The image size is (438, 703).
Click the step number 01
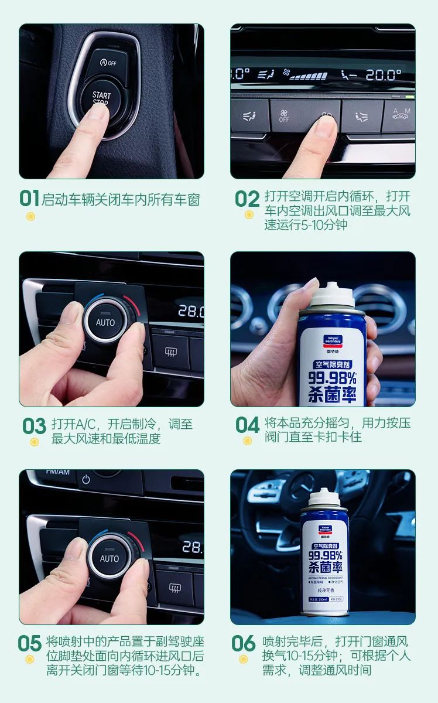[29, 199]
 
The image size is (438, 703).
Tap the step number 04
[247, 425]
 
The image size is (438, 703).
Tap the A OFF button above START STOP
[108, 63]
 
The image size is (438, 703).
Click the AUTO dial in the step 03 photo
[105, 322]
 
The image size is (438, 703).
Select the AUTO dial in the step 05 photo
[109, 558]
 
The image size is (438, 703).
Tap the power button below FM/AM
[86, 479]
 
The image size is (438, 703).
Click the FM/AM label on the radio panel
[57, 472]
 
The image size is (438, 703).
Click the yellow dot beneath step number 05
[30, 659]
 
